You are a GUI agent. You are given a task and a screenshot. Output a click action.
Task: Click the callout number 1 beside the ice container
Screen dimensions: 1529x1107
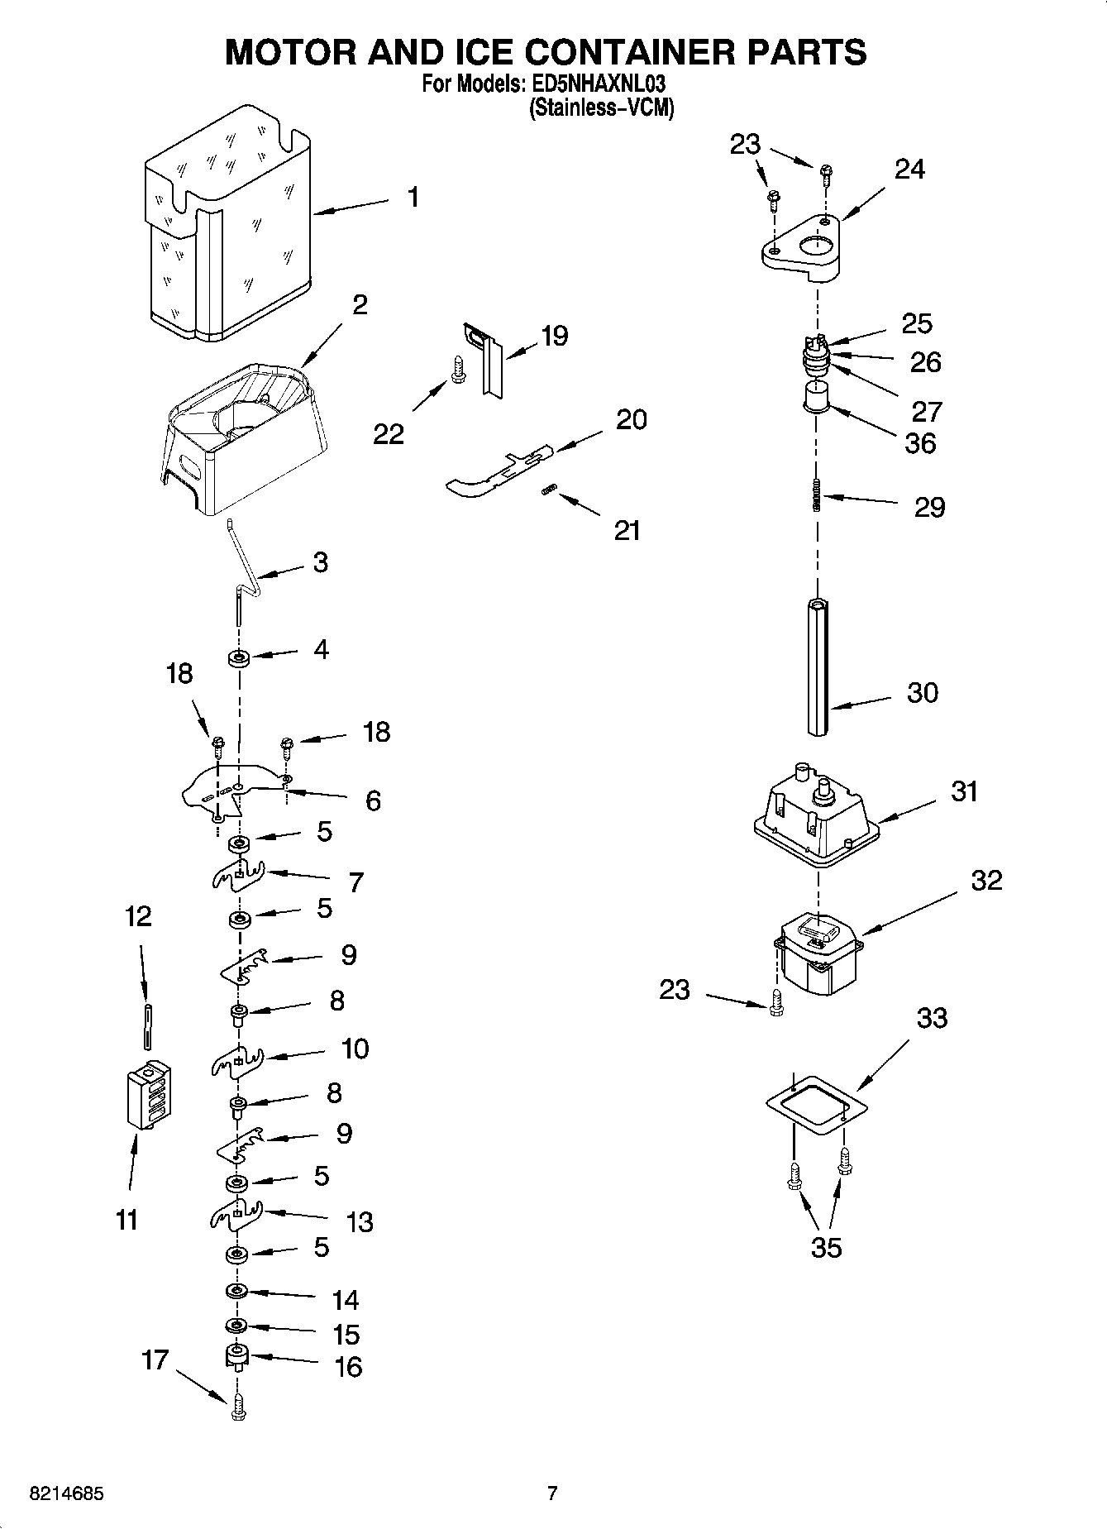[413, 198]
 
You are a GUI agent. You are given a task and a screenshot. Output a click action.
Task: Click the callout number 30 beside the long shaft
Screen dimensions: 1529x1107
[923, 692]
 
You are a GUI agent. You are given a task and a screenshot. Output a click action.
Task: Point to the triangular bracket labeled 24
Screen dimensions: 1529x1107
[802, 248]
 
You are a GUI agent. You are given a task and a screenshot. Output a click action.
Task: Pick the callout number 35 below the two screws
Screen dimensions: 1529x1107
[826, 1247]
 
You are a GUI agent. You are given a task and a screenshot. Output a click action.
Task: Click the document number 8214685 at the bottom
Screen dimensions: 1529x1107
[66, 1494]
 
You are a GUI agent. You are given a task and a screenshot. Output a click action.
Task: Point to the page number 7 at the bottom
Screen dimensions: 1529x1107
[552, 1493]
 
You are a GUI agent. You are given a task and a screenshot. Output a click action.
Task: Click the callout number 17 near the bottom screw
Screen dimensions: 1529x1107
[155, 1359]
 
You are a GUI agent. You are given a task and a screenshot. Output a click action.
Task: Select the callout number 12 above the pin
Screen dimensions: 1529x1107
[138, 916]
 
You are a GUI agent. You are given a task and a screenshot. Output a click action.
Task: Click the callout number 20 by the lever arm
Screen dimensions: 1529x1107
[632, 419]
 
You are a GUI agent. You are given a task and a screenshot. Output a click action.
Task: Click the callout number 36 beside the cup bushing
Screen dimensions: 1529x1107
[920, 443]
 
